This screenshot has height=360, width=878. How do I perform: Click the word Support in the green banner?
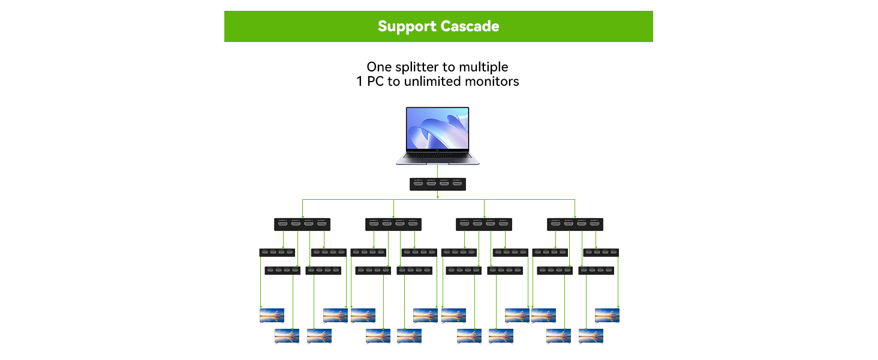tap(407, 26)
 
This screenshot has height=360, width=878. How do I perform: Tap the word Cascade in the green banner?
tap(470, 26)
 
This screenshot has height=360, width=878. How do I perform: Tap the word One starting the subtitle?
tap(379, 67)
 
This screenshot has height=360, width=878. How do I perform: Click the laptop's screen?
tap(437, 129)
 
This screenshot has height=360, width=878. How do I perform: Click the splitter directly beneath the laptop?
tap(437, 184)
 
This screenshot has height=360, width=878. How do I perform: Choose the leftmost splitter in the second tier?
tap(302, 224)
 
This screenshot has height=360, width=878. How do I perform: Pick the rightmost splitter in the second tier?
tap(575, 224)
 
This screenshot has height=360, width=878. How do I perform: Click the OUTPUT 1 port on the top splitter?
tap(458, 184)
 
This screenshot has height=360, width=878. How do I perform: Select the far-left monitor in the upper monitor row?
tap(272, 315)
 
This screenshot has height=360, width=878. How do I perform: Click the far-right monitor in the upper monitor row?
tap(607, 315)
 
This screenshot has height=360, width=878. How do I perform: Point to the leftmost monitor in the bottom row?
tap(287, 335)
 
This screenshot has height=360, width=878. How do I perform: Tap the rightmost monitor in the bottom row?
tap(591, 335)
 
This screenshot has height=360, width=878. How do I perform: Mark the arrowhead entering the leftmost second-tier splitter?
tap(302, 215)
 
